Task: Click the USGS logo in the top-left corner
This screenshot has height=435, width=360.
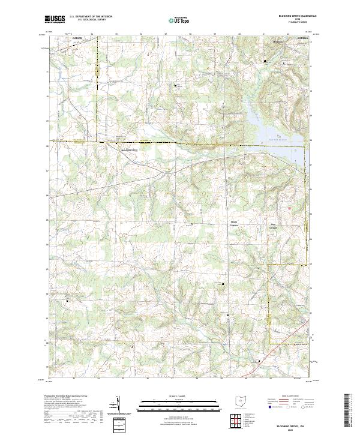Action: pyautogui.click(x=55, y=20)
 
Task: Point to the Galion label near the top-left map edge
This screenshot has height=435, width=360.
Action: pyautogui.click(x=76, y=38)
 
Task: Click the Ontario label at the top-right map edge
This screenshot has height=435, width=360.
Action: pyautogui.click(x=301, y=38)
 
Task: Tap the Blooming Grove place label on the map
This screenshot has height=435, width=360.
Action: pyautogui.click(x=130, y=150)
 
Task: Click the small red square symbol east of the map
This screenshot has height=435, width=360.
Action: pyautogui.click(x=289, y=208)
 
